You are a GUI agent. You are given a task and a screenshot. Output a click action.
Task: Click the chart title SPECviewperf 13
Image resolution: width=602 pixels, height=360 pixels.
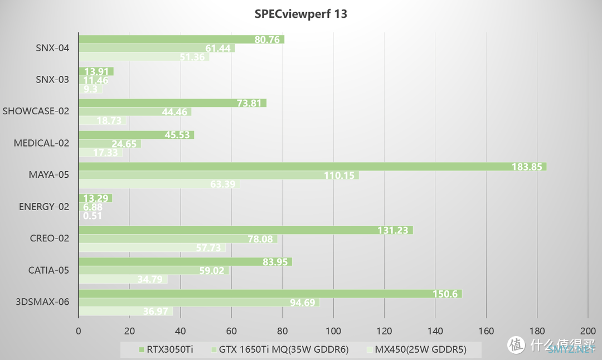coord(301,14)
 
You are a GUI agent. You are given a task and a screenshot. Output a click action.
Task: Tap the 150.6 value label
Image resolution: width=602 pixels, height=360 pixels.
coord(446,294)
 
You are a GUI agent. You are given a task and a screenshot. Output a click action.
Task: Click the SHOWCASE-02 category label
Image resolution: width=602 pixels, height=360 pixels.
coord(36,111)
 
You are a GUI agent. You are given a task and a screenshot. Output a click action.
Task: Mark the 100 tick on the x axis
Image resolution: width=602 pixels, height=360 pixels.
coord(333,330)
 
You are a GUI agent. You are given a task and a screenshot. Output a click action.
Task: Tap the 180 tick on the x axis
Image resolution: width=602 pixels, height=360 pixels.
coord(537,330)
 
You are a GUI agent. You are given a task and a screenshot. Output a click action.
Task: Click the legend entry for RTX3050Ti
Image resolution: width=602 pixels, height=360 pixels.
coord(162,350)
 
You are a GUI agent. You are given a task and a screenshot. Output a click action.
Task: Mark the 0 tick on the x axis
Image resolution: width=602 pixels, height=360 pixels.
coord(79,330)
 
